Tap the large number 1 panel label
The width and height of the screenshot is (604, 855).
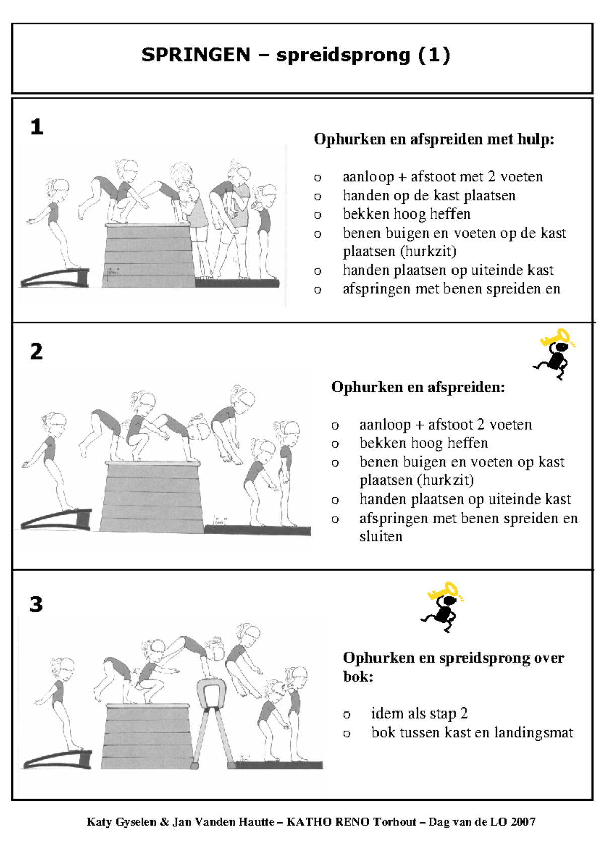click(37, 127)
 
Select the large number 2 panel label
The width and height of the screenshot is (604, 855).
click(37, 351)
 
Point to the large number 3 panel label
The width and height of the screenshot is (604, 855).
click(36, 604)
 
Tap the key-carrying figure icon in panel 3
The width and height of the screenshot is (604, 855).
click(442, 607)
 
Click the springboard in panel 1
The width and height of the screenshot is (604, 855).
click(54, 277)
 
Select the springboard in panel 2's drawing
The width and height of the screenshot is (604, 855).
click(56, 519)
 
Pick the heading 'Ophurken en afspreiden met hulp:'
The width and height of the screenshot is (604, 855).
click(434, 139)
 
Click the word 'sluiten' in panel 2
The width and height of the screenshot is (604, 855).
click(381, 536)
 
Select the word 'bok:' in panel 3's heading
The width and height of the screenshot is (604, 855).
click(358, 677)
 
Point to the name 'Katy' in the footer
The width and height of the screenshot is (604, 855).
click(99, 822)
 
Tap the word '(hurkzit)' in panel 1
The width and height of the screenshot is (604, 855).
click(428, 251)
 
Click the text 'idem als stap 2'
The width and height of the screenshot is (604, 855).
click(419, 714)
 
